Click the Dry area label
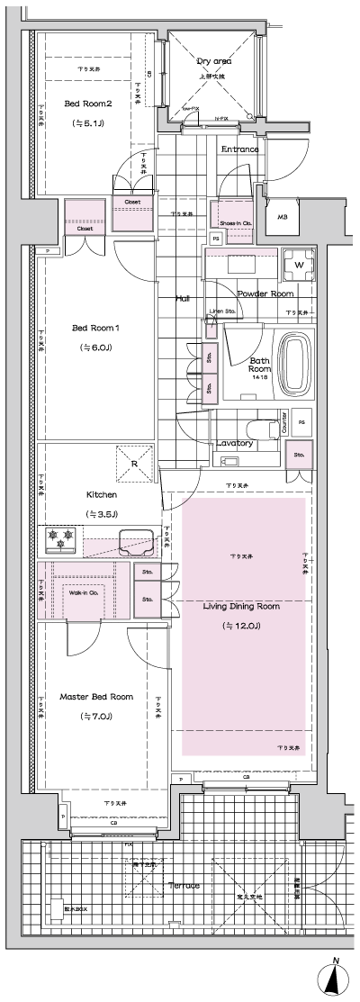[x=213, y=60]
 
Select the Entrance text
[x=239, y=149]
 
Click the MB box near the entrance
[x=283, y=217]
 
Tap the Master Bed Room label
[x=96, y=697]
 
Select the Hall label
[x=182, y=297]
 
